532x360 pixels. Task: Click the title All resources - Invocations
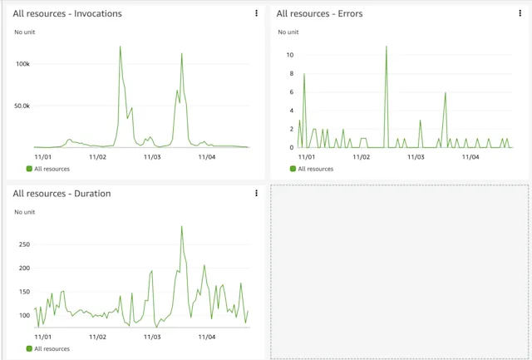tap(67, 14)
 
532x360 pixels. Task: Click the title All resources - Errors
tap(319, 14)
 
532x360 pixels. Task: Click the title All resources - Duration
tap(62, 194)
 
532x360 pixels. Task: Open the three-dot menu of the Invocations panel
tap(256, 13)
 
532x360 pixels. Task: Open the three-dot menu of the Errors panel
tap(520, 13)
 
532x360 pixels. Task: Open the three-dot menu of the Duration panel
tap(256, 194)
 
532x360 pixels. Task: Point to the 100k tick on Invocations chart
tap(22, 64)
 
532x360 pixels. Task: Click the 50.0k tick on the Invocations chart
tap(21, 106)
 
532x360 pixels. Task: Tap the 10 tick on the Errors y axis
tap(290, 55)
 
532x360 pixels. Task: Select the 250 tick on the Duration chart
tap(23, 244)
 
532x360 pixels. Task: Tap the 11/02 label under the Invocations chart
tap(97, 156)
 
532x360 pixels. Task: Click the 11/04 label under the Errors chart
tap(470, 156)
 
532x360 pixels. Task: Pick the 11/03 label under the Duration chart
tap(151, 337)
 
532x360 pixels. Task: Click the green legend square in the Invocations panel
tap(29, 169)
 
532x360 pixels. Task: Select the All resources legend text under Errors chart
tap(315, 169)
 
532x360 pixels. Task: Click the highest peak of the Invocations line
tap(121, 47)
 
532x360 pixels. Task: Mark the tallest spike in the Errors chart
tap(387, 47)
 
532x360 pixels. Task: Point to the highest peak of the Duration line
tap(182, 226)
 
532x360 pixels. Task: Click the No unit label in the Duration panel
tap(26, 212)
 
